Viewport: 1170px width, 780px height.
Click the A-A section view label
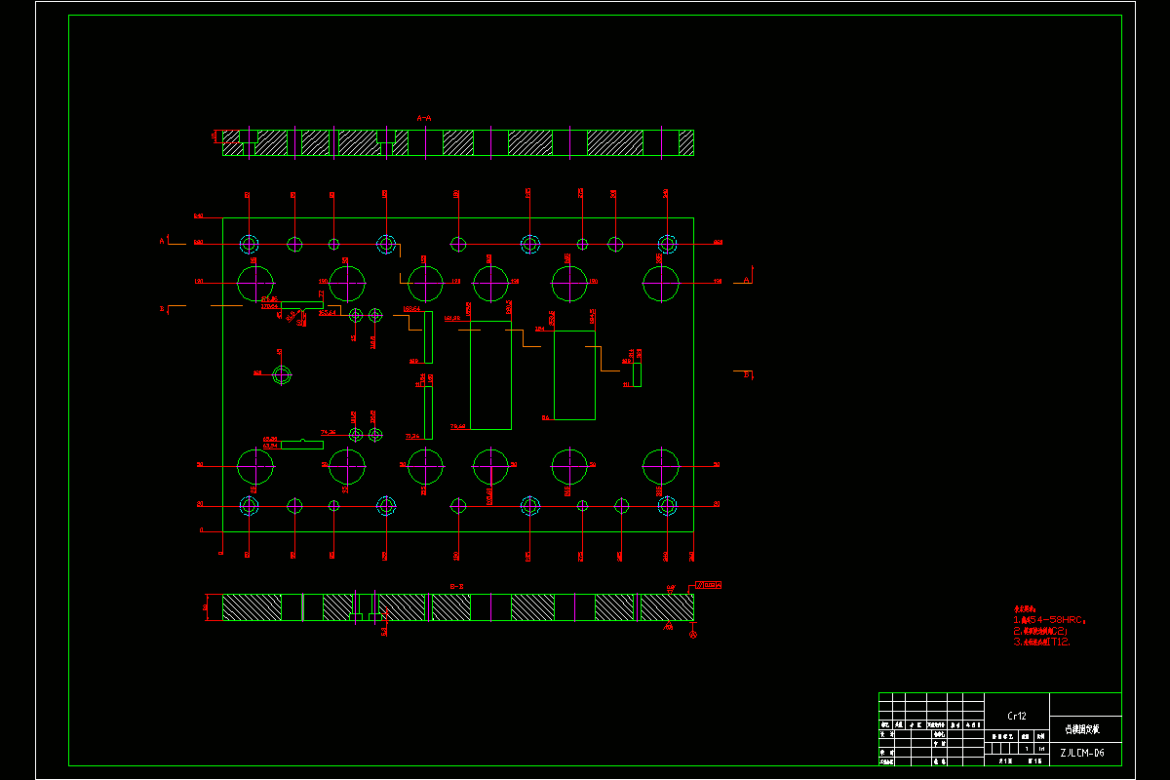pos(424,118)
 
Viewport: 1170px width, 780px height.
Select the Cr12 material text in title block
pos(1017,716)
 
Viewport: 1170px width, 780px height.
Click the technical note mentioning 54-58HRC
pos(1049,619)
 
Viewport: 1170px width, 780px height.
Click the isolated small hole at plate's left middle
pos(282,373)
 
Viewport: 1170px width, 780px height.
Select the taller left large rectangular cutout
pos(490,374)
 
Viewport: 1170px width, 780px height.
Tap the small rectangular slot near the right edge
pos(637,374)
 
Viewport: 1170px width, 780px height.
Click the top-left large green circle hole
pos(255,283)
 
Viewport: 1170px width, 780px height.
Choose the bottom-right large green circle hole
pos(661,466)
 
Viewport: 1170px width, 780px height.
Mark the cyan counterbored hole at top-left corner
pos(249,243)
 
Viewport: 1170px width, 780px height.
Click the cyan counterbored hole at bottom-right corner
pos(667,505)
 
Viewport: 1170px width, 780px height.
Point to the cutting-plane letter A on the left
pos(162,240)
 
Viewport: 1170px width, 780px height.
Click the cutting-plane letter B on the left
pos(162,309)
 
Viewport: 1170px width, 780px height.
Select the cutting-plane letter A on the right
pos(747,280)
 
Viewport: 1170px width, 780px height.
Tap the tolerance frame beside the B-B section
pos(708,585)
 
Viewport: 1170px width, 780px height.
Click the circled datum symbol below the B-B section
pos(693,635)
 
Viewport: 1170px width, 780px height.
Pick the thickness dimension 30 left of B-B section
pos(206,606)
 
